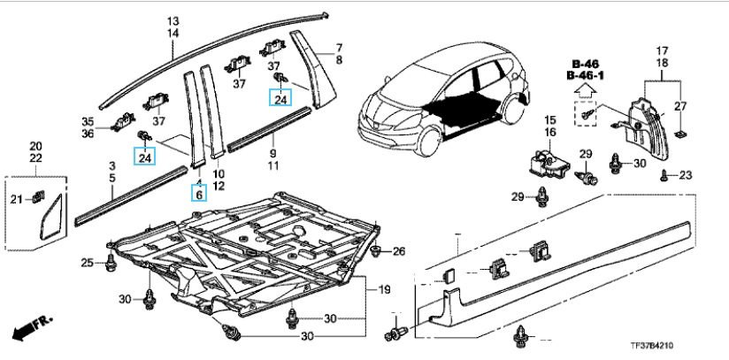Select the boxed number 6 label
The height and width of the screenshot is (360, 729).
pyautogui.click(x=199, y=194)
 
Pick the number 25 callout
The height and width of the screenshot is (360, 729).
pyautogui.click(x=87, y=263)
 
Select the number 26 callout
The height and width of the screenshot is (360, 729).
pyautogui.click(x=398, y=252)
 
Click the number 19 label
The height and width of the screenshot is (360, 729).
pyautogui.click(x=383, y=291)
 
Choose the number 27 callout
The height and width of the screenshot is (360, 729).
pyautogui.click(x=679, y=107)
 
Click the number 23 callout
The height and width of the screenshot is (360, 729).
pyautogui.click(x=684, y=175)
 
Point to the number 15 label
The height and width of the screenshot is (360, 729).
pyautogui.click(x=549, y=119)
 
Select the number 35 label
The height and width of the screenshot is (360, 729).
pyautogui.click(x=88, y=121)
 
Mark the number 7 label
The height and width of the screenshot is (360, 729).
pyautogui.click(x=337, y=46)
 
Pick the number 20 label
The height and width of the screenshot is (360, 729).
pyautogui.click(x=36, y=146)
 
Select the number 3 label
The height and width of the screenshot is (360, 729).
pyautogui.click(x=112, y=165)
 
